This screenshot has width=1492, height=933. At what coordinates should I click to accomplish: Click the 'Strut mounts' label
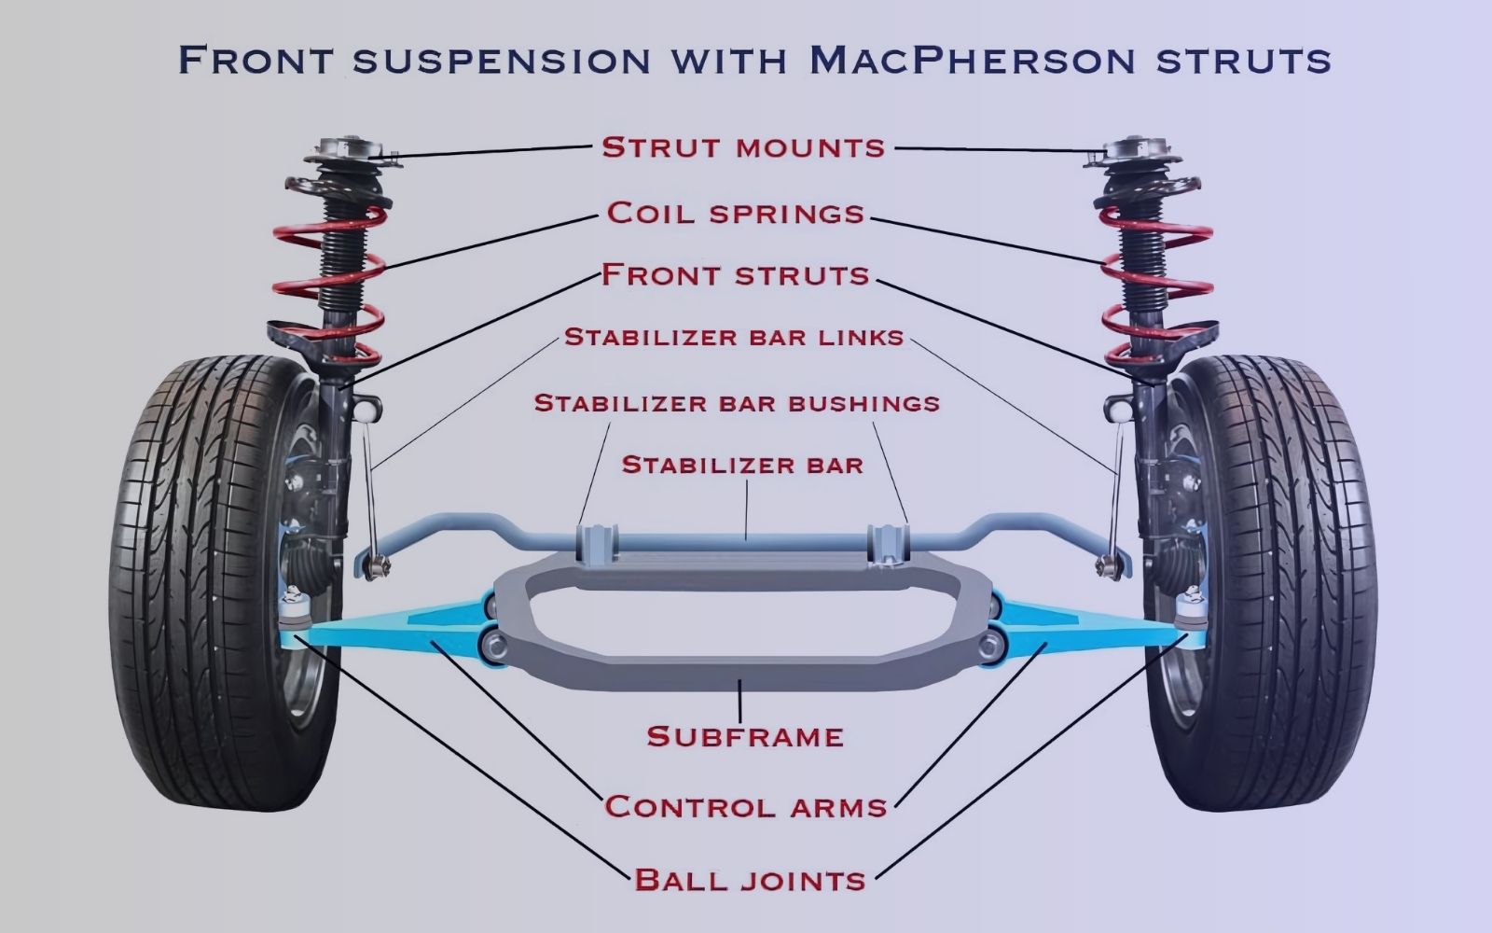743,147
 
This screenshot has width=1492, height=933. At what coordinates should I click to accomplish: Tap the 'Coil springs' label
736,214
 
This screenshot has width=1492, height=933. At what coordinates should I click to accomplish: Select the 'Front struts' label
736,275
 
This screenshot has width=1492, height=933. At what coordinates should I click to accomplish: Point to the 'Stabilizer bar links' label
735,337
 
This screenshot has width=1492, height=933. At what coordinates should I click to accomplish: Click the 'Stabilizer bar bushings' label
737,403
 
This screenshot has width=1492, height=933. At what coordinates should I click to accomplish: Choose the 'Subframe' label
745,736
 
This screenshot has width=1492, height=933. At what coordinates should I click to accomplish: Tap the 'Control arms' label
745,806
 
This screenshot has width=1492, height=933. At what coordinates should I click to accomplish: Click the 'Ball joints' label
750,879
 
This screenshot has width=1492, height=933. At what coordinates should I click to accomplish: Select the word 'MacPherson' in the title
972,60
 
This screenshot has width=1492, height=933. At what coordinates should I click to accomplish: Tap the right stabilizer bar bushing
889,543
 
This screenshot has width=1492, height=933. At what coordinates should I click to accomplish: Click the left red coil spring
322,280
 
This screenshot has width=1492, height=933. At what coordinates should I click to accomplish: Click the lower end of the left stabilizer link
376,562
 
